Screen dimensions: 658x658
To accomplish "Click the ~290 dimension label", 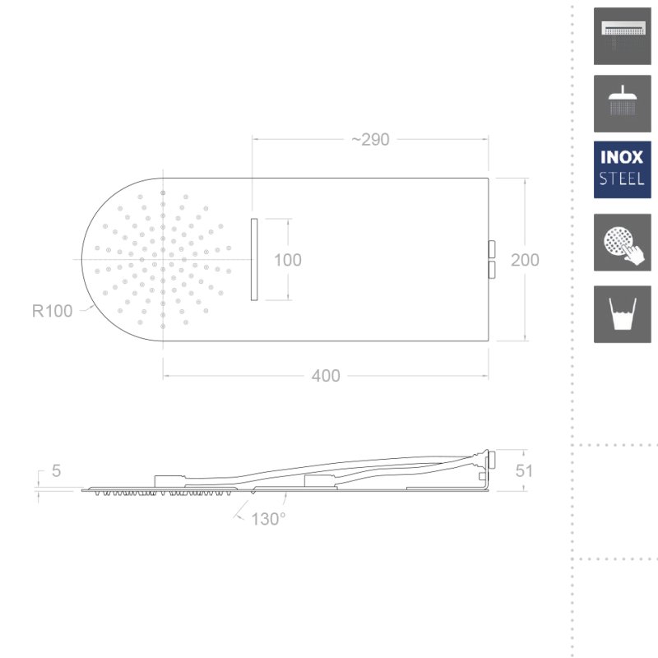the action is tap(371, 140).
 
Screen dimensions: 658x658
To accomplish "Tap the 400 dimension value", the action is tap(326, 376).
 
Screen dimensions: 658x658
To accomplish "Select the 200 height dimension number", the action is tap(525, 260).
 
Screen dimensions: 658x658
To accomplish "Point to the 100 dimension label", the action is tap(287, 260).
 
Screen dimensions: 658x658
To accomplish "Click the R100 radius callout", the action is tap(53, 311).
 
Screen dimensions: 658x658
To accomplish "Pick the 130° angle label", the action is tap(268, 519).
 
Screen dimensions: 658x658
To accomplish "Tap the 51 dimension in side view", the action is tap(524, 470).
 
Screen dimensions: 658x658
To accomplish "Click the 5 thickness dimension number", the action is tap(56, 470).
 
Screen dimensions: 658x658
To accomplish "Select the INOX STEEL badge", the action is tap(623, 169).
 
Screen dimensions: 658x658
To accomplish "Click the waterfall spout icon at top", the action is tap(623, 36).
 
